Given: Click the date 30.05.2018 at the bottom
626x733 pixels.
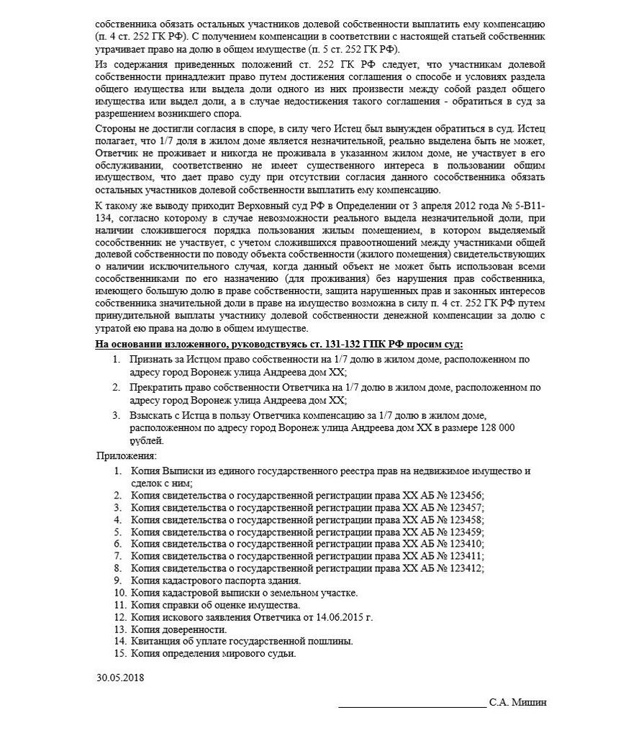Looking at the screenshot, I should pyautogui.click(x=120, y=678).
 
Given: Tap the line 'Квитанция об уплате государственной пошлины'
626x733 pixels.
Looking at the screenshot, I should pyautogui.click(x=242, y=642).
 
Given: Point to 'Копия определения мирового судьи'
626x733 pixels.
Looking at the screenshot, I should pyautogui.click(x=214, y=654).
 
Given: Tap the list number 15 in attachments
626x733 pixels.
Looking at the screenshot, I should pyautogui.click(x=119, y=654).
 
